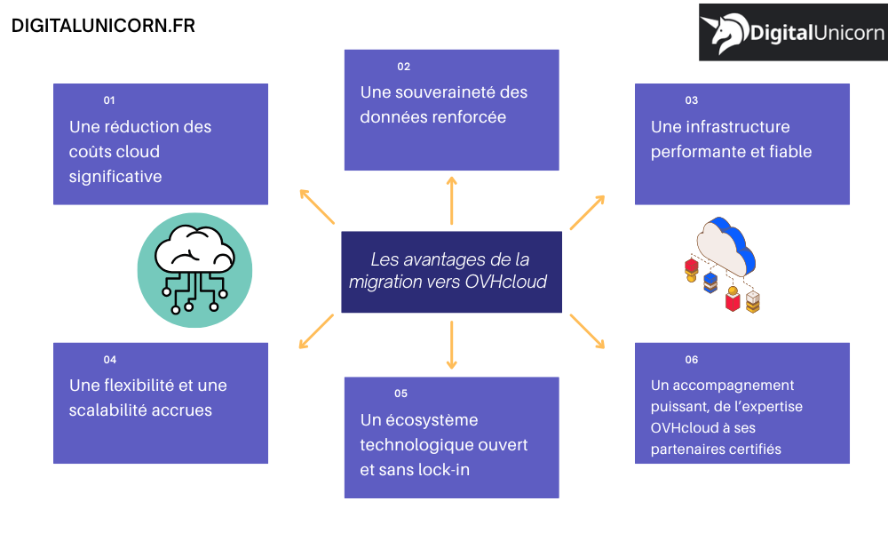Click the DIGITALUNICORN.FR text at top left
pos(103,26)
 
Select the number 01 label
pos(109,100)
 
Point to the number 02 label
pos(404,67)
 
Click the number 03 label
pos(692,100)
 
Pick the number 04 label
pos(110,360)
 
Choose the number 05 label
pos(401,394)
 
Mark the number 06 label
pos(692,360)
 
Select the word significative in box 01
pos(115,177)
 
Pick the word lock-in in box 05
pos(449,470)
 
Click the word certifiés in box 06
pos(753,449)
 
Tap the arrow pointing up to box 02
pos(452,200)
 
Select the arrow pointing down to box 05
pos(452,346)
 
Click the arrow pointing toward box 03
pos(587,212)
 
